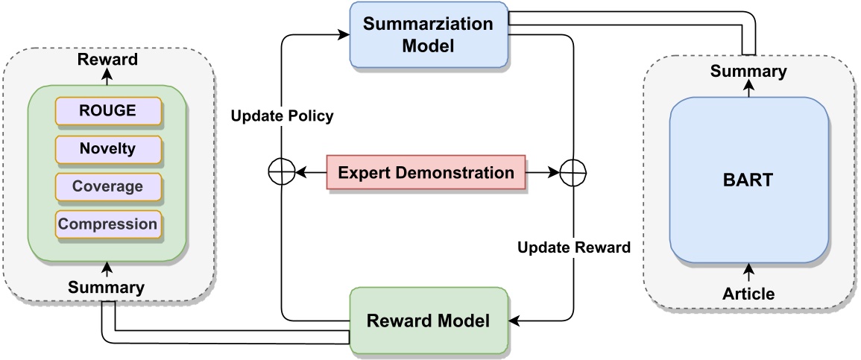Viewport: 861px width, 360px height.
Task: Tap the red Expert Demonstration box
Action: click(426, 173)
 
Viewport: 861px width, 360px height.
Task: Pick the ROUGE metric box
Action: click(108, 111)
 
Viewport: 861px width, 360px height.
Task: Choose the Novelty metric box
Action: click(108, 148)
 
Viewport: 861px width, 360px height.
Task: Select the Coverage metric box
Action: click(108, 186)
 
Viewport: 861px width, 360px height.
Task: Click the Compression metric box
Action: click(108, 224)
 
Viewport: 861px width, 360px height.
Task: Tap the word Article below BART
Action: click(748, 294)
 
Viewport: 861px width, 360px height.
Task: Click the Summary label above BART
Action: click(748, 72)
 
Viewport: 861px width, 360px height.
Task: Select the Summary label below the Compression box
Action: click(107, 287)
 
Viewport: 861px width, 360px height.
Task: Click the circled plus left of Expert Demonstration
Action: click(280, 173)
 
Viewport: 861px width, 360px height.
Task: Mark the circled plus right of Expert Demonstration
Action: click(573, 173)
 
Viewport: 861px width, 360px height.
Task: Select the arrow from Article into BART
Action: click(748, 273)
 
